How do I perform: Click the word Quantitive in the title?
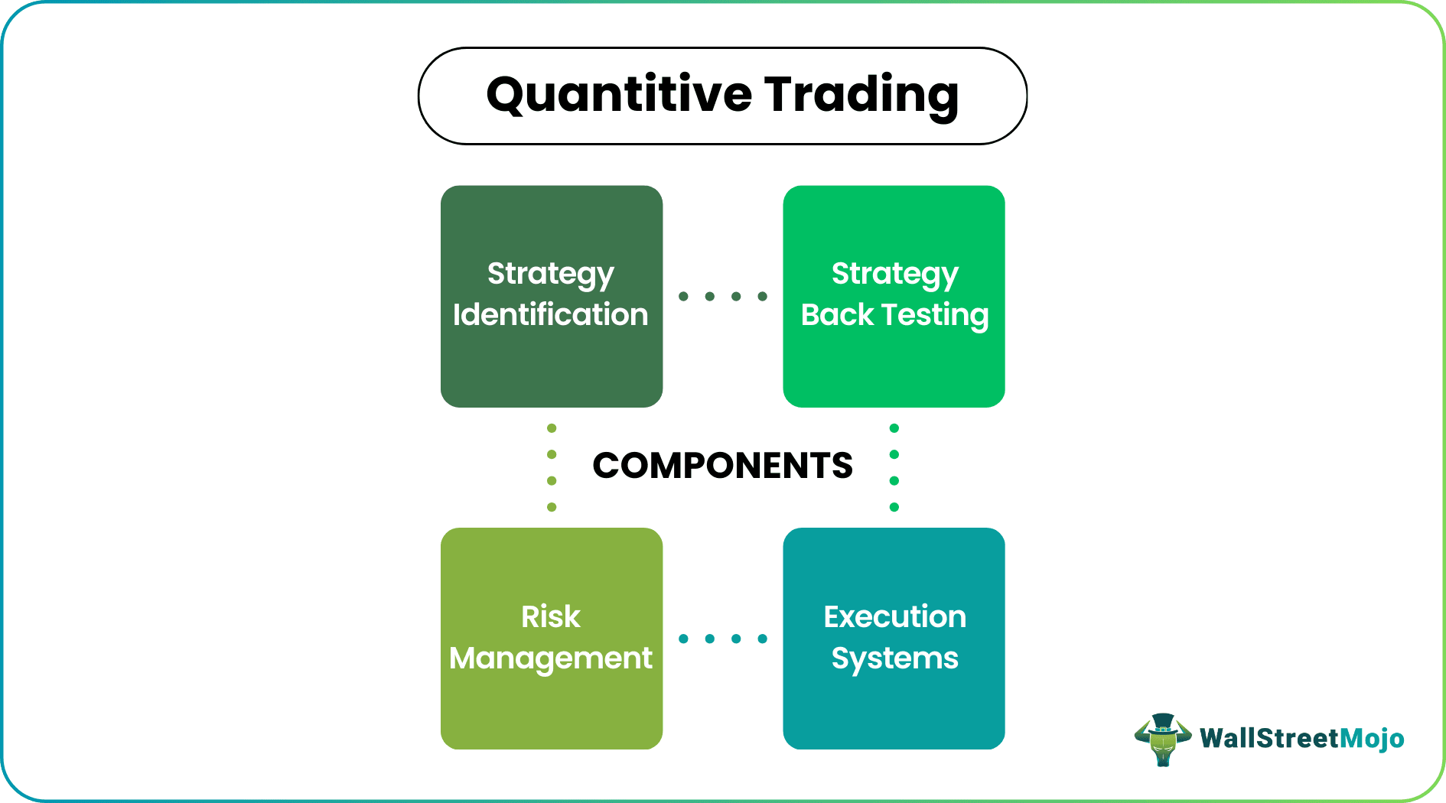click(619, 95)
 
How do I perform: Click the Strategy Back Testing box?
click(894, 367)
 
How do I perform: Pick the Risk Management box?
click(551, 711)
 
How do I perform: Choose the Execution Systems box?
click(894, 711)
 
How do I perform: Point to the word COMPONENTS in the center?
click(722, 466)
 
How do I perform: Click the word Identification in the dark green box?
click(550, 315)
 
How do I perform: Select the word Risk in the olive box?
click(551, 616)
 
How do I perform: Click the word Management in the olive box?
click(551, 658)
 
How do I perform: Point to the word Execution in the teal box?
click(894, 616)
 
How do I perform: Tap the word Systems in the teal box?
click(894, 658)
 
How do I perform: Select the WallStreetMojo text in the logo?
click(1301, 738)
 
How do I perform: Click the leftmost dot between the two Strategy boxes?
click(683, 296)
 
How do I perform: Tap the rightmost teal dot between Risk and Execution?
click(762, 639)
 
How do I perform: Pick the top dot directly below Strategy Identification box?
click(552, 428)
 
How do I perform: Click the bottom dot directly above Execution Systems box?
click(894, 507)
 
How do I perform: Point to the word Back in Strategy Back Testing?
click(837, 315)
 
